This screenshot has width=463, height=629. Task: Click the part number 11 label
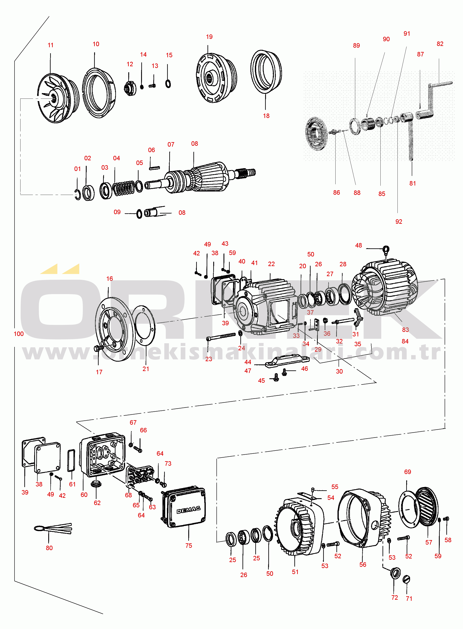[x=50, y=45]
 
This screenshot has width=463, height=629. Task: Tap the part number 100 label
[x=19, y=334]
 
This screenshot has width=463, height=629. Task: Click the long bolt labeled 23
[x=221, y=337]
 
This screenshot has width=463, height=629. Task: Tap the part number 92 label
[x=399, y=222]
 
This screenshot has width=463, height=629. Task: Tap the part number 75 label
[x=189, y=545]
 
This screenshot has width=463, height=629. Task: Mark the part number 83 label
[x=405, y=330]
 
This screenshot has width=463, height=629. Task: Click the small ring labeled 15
[x=168, y=84]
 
